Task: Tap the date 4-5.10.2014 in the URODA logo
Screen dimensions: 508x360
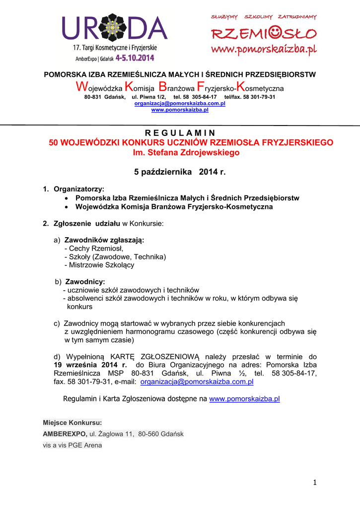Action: pos(135,58)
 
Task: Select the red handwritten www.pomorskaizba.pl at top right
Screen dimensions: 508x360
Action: pos(264,50)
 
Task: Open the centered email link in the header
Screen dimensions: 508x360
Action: pos(180,103)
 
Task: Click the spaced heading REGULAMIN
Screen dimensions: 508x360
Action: pos(180,133)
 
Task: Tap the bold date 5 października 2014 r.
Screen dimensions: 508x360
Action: pos(180,172)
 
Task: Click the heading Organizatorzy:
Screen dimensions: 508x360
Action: pos(79,189)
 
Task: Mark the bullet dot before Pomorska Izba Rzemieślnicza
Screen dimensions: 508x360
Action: pos(67,198)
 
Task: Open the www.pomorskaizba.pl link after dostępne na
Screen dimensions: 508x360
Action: pos(244,399)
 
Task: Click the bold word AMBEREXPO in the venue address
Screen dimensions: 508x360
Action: pos(65,434)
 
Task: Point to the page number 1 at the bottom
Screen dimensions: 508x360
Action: pos(315,482)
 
